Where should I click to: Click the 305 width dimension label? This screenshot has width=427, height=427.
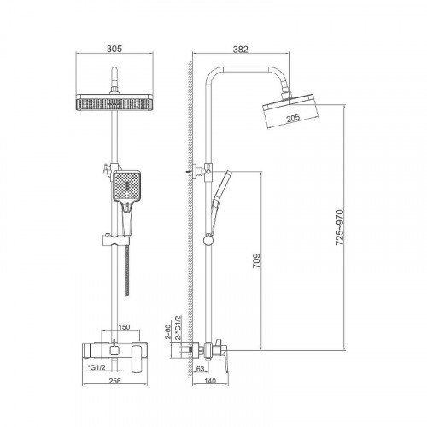[114, 49]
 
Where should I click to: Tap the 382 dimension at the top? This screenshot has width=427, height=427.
[241, 50]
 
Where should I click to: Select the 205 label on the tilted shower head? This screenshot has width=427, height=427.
[293, 118]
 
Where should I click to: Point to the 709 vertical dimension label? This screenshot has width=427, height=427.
[256, 260]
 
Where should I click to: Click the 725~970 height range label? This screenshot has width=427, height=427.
[340, 228]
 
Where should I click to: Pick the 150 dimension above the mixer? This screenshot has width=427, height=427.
[124, 327]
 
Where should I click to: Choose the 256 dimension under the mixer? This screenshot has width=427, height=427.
[114, 381]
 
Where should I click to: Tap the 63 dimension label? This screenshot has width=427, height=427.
[201, 369]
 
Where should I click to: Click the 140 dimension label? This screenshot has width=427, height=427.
[210, 381]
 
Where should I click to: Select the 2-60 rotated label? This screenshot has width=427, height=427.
[167, 331]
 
